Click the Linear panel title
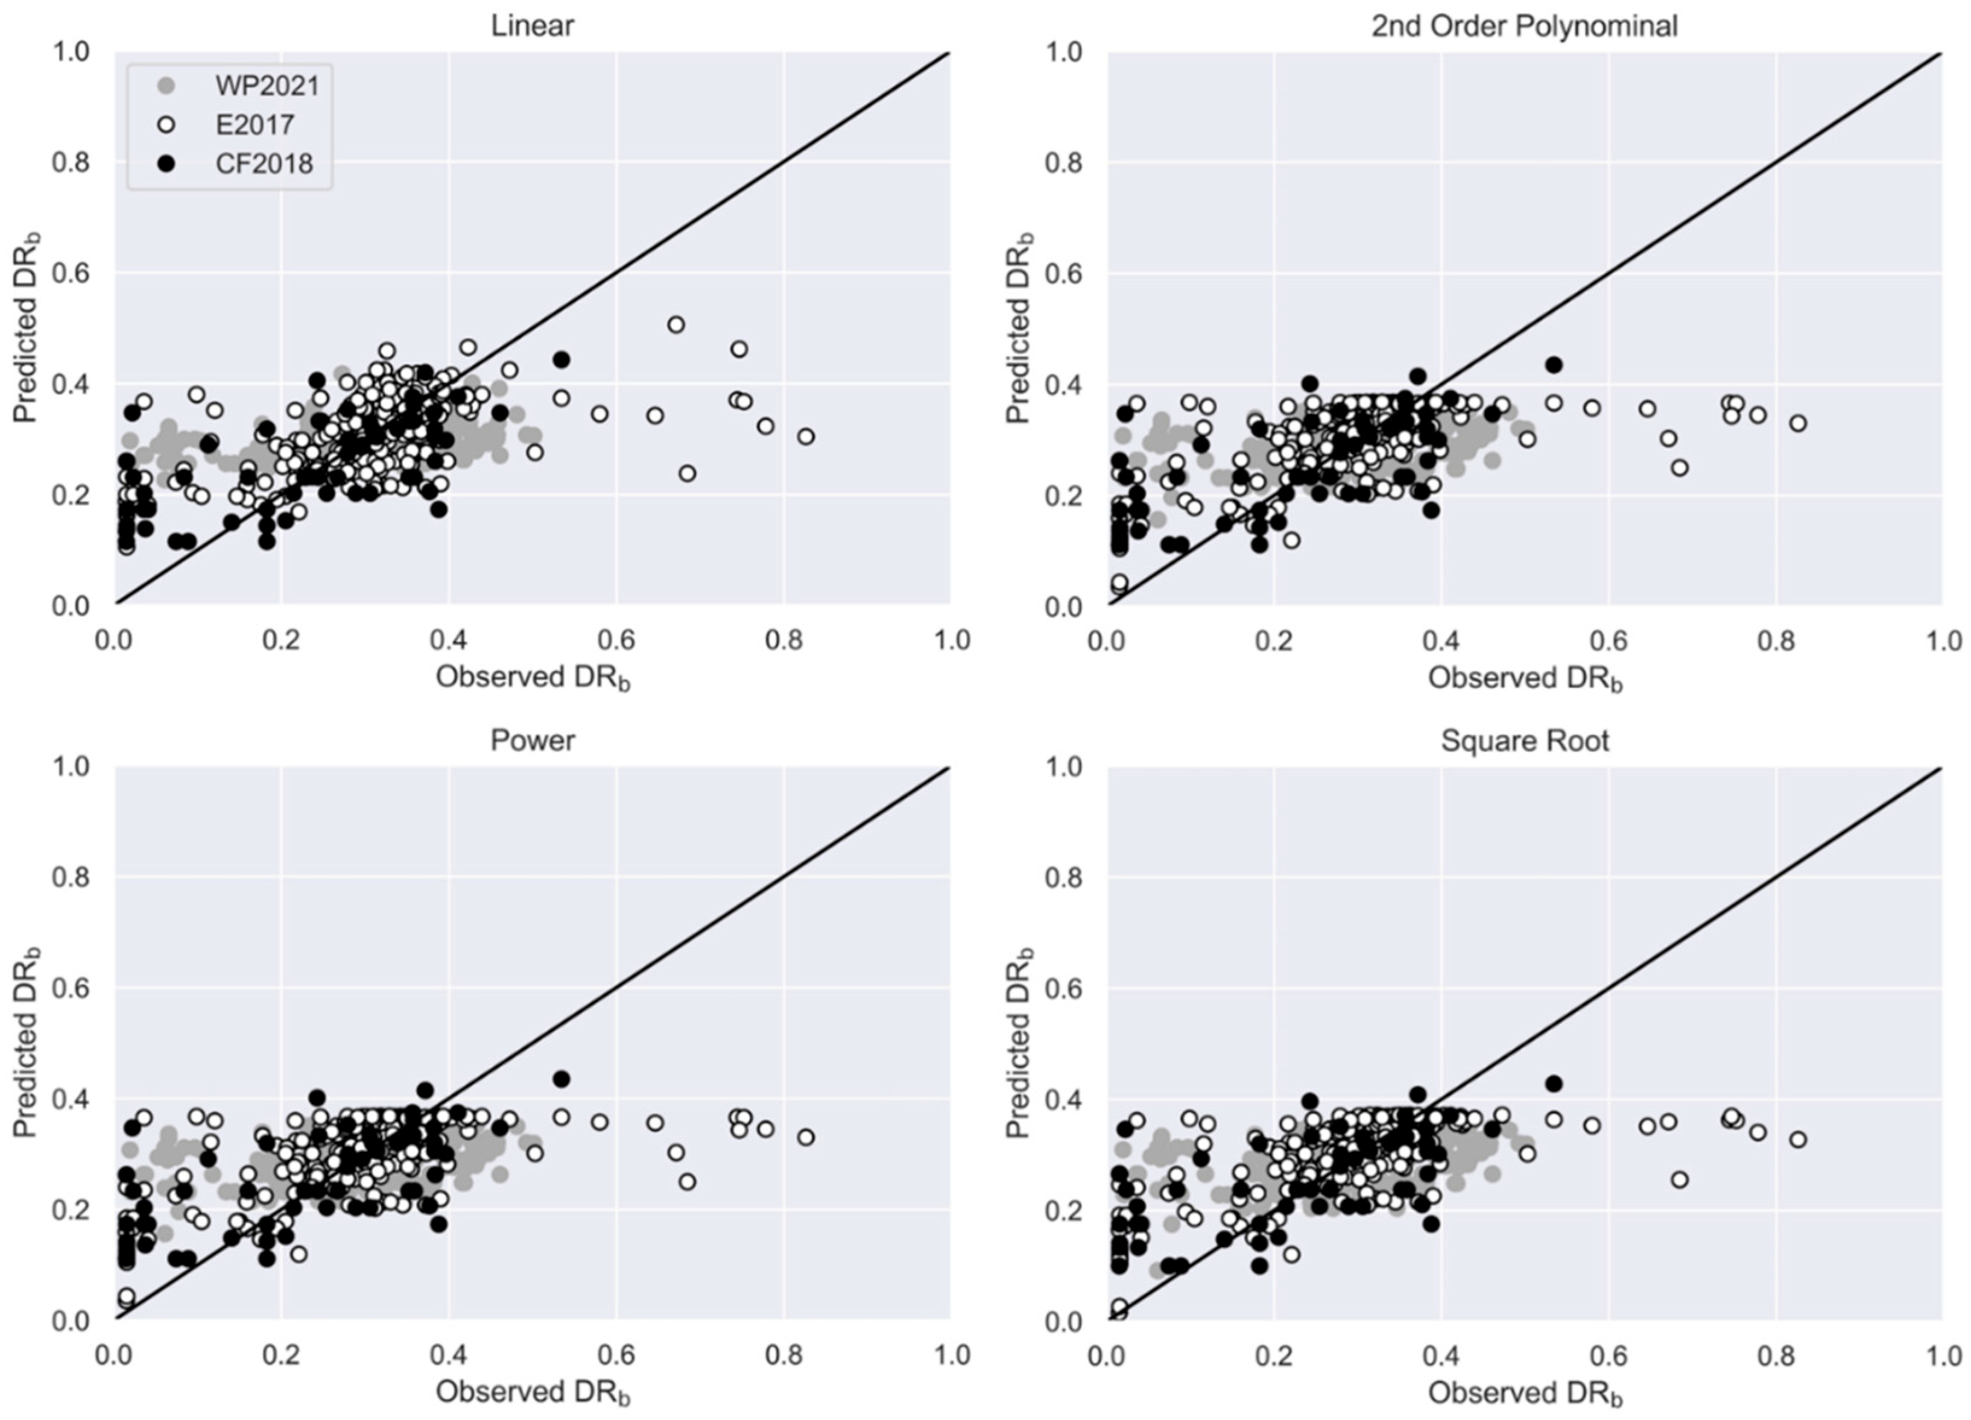(x=532, y=26)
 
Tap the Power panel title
(x=532, y=740)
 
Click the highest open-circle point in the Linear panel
(x=675, y=325)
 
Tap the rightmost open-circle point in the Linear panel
(x=806, y=437)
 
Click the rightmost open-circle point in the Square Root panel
(x=1797, y=1139)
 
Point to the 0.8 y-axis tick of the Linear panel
(x=74, y=163)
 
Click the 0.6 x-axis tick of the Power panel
(x=616, y=1355)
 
